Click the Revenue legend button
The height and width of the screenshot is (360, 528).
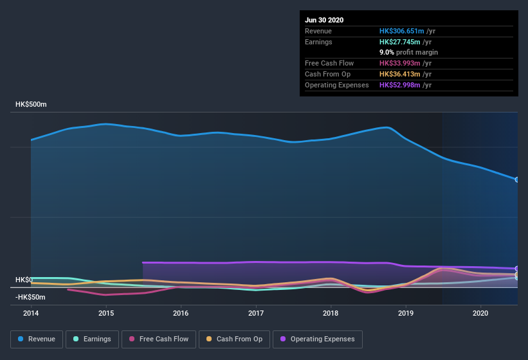(37, 339)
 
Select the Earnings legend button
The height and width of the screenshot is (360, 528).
(92, 339)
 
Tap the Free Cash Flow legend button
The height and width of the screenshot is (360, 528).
(159, 339)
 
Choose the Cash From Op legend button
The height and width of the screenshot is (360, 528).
(233, 339)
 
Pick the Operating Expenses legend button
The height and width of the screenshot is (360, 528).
(317, 339)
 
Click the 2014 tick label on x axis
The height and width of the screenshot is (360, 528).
(31, 313)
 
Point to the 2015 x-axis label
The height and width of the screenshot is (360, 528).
(106, 313)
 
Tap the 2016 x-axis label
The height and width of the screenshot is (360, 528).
(181, 313)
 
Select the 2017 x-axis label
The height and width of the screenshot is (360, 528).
(256, 313)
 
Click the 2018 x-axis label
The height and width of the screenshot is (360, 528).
(331, 313)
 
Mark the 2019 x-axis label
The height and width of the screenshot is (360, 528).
(406, 313)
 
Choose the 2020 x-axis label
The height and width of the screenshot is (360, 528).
(480, 313)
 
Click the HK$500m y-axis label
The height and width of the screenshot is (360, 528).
(31, 104)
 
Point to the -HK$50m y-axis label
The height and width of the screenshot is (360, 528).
(31, 297)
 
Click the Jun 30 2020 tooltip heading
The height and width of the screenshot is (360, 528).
(324, 20)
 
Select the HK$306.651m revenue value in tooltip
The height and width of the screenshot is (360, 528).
(402, 31)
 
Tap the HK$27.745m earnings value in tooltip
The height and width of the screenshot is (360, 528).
(400, 42)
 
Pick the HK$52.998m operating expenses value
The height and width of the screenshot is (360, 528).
(400, 85)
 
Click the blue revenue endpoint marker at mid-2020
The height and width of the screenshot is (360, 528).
(517, 179)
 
